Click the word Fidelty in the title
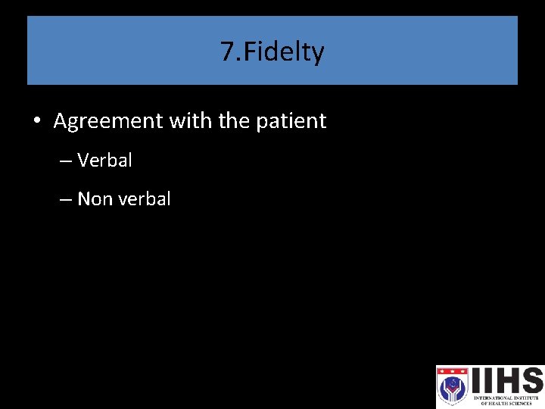point(282,52)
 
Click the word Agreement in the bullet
point(109,121)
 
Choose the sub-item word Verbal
point(104,161)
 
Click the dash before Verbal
point(64,161)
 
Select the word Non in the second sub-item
point(95,199)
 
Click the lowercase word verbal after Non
point(144,199)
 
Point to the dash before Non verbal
point(64,200)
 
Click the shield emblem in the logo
point(453,386)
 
